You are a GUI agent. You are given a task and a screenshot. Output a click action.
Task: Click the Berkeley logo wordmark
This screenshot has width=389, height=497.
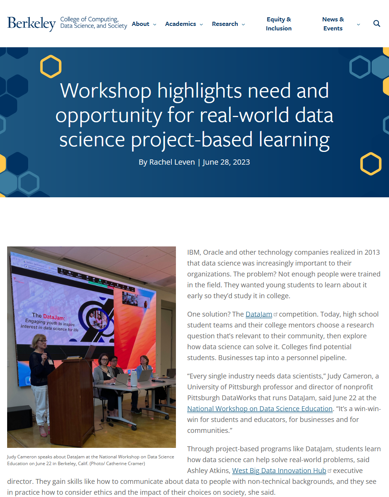[x=32, y=24]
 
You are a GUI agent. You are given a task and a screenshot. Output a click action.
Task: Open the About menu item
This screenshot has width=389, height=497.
[x=141, y=24]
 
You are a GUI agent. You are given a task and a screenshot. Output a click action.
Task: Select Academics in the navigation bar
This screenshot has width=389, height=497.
[x=180, y=24]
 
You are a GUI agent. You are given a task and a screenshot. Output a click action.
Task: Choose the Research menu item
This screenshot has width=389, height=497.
[x=225, y=24]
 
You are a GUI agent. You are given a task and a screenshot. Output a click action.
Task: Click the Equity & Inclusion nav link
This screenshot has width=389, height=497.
[x=279, y=24]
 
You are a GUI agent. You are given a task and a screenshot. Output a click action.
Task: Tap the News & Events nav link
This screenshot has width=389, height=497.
[x=333, y=24]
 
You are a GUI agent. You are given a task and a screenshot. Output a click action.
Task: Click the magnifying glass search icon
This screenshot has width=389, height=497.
[x=377, y=24]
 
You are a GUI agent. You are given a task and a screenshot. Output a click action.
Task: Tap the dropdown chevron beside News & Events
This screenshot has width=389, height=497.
[x=358, y=24]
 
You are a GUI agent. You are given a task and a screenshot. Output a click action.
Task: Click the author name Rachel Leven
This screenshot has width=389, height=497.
[x=172, y=162]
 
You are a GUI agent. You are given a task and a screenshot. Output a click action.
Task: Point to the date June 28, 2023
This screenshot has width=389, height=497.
[x=226, y=162]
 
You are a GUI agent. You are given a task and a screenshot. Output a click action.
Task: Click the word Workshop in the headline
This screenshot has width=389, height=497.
[x=106, y=91]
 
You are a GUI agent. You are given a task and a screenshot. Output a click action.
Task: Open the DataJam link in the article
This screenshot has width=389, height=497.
[x=258, y=314]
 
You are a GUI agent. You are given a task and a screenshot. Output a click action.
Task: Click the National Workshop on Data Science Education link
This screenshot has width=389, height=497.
[x=260, y=409]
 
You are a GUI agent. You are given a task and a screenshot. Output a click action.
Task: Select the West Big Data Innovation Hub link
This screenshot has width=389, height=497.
[x=279, y=471]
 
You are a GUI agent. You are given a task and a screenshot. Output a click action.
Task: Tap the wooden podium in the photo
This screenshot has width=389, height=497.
[x=71, y=398]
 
